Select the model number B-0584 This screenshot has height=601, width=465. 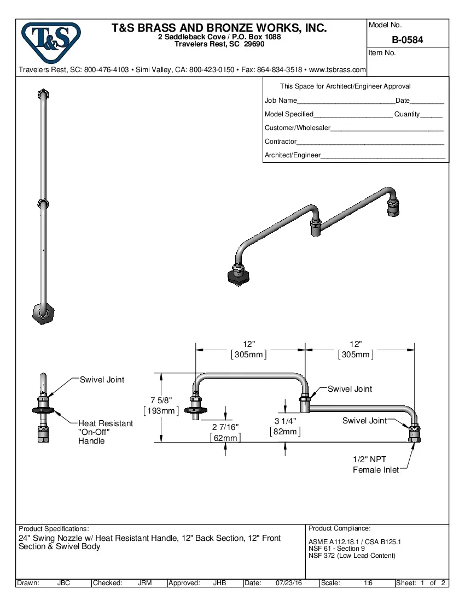click(x=407, y=40)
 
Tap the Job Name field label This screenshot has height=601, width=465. click(x=281, y=101)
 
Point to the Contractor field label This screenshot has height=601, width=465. click(x=281, y=142)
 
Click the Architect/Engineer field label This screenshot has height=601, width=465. click(x=292, y=155)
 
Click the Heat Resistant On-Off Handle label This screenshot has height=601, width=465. click(x=105, y=432)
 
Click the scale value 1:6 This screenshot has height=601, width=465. click(x=368, y=583)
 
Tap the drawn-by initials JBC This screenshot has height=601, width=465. click(x=63, y=583)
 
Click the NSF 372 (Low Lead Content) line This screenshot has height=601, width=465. click(x=352, y=556)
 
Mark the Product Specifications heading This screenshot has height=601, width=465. click(x=54, y=529)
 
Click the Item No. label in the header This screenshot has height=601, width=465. click(x=382, y=53)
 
